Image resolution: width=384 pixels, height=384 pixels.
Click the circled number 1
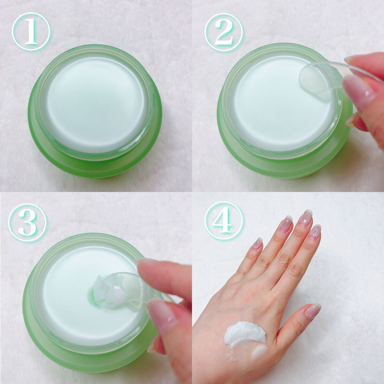tap(31, 32)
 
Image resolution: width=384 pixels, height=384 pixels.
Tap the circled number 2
tap(224, 32)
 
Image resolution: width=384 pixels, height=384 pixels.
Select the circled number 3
tap(27, 222)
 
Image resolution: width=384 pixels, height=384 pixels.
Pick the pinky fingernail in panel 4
tap(258, 244)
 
